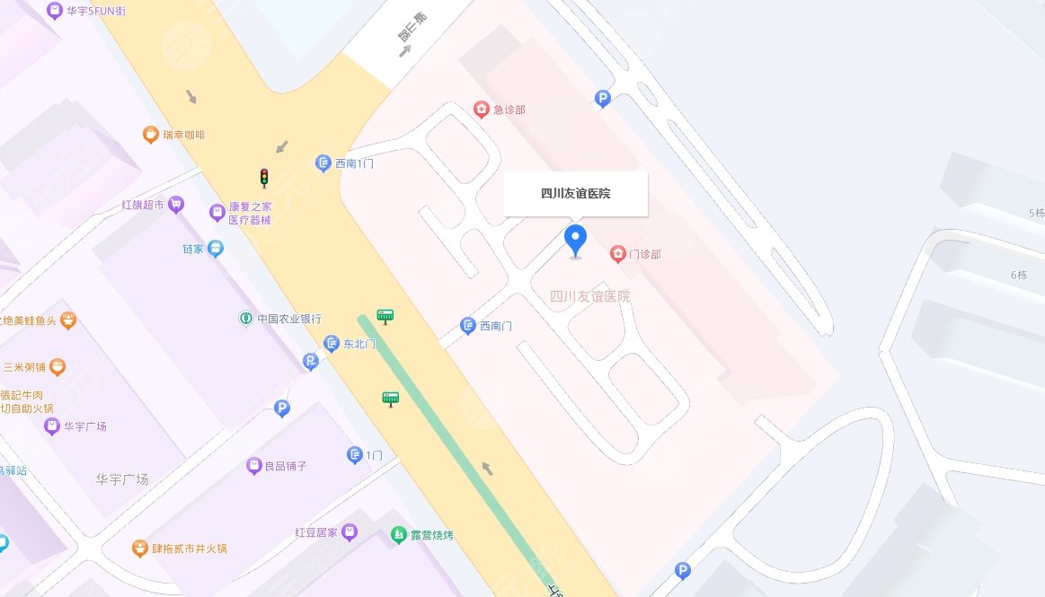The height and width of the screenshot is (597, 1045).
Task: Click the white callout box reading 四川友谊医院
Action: click(575, 194)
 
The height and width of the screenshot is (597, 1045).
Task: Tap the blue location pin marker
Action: click(575, 241)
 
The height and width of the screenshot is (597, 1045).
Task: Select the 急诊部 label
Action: click(509, 110)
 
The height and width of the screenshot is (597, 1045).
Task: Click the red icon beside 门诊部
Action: click(618, 254)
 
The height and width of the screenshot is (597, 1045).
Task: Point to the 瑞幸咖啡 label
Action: click(183, 135)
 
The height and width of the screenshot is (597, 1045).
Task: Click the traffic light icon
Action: click(264, 178)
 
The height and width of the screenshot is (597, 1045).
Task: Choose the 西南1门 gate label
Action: click(354, 163)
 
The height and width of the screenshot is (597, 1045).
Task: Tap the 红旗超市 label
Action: click(143, 205)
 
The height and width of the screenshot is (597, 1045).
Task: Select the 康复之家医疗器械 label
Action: click(249, 213)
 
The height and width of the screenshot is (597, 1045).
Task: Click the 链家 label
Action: click(194, 249)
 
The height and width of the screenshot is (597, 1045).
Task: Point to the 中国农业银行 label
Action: click(288, 319)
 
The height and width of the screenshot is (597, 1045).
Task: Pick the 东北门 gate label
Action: click(359, 343)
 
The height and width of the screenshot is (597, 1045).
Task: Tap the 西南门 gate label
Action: click(495, 326)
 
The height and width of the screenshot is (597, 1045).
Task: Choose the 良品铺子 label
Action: click(286, 466)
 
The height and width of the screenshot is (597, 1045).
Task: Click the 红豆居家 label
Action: click(316, 532)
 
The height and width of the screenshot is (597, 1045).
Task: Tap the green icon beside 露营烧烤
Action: click(398, 535)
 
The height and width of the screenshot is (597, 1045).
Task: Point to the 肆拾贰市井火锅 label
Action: click(189, 548)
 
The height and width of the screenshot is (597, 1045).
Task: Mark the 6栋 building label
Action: click(1018, 275)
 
